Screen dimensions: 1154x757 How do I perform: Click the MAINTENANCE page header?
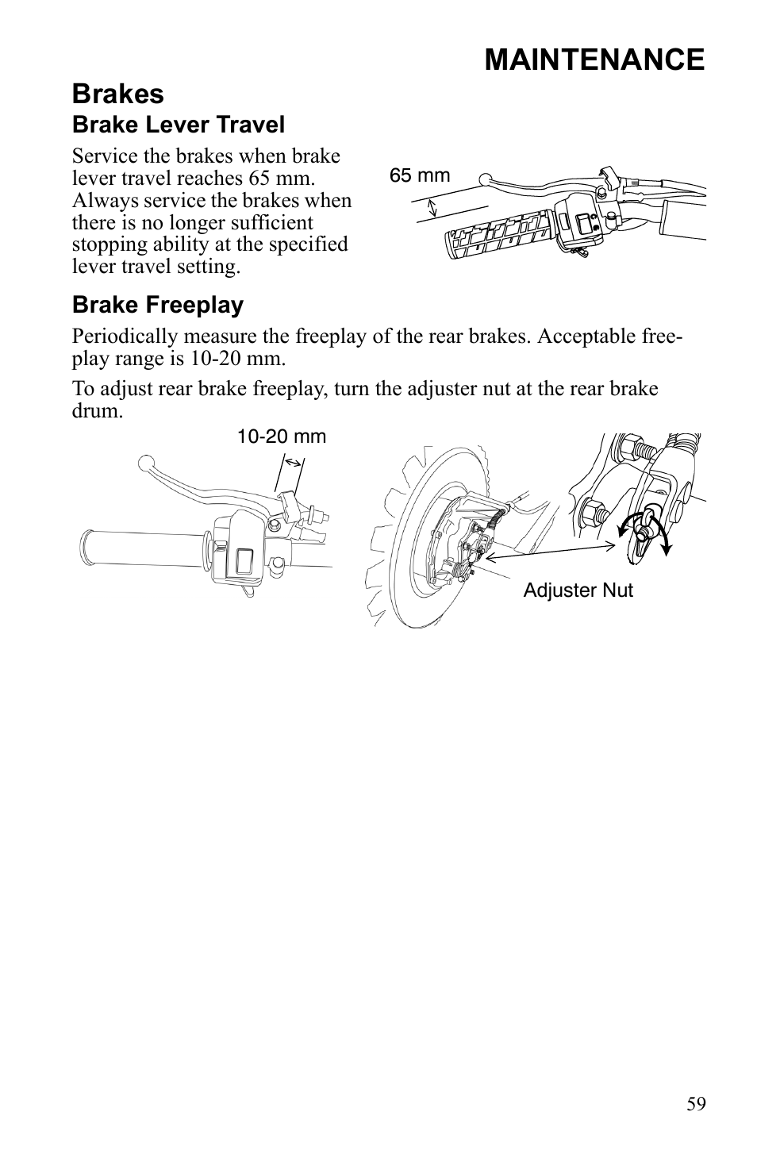click(x=594, y=60)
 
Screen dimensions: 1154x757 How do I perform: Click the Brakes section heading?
click(x=117, y=94)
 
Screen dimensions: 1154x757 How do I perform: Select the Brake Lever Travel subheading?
click(x=178, y=125)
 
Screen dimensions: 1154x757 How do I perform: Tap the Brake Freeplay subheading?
click(x=157, y=305)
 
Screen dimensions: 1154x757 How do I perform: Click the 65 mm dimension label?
click(x=419, y=175)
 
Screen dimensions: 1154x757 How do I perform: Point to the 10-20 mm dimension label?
click(x=282, y=437)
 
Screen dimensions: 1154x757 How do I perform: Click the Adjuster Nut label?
click(x=578, y=590)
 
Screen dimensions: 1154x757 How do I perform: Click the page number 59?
click(x=696, y=1104)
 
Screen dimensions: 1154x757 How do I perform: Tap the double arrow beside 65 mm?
click(x=432, y=209)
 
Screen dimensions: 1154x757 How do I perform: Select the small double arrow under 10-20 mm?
click(x=293, y=462)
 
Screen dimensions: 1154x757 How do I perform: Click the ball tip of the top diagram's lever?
click(x=486, y=179)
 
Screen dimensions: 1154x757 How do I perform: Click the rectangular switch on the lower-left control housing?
click(x=244, y=560)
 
